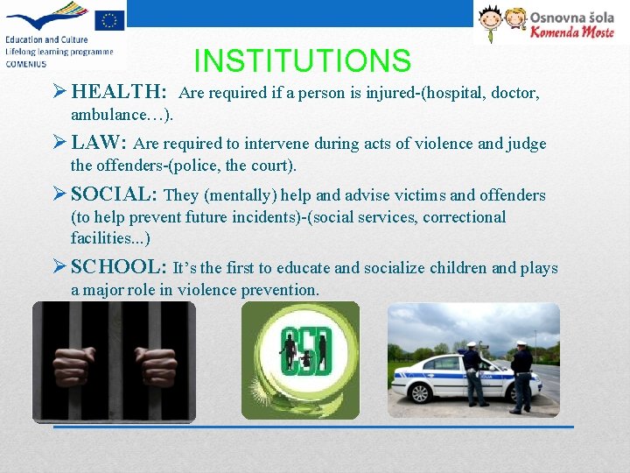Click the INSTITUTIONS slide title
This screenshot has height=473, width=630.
(302, 60)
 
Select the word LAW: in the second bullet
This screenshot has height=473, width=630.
(100, 143)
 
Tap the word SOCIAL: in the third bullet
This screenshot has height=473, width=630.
(114, 194)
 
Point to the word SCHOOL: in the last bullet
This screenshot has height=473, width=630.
(119, 267)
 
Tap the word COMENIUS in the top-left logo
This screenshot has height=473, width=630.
(25, 62)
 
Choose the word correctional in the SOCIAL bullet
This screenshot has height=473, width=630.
(464, 217)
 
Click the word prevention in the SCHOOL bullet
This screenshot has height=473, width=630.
(275, 290)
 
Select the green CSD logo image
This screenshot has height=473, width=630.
(300, 359)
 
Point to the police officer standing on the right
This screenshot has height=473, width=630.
(522, 377)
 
